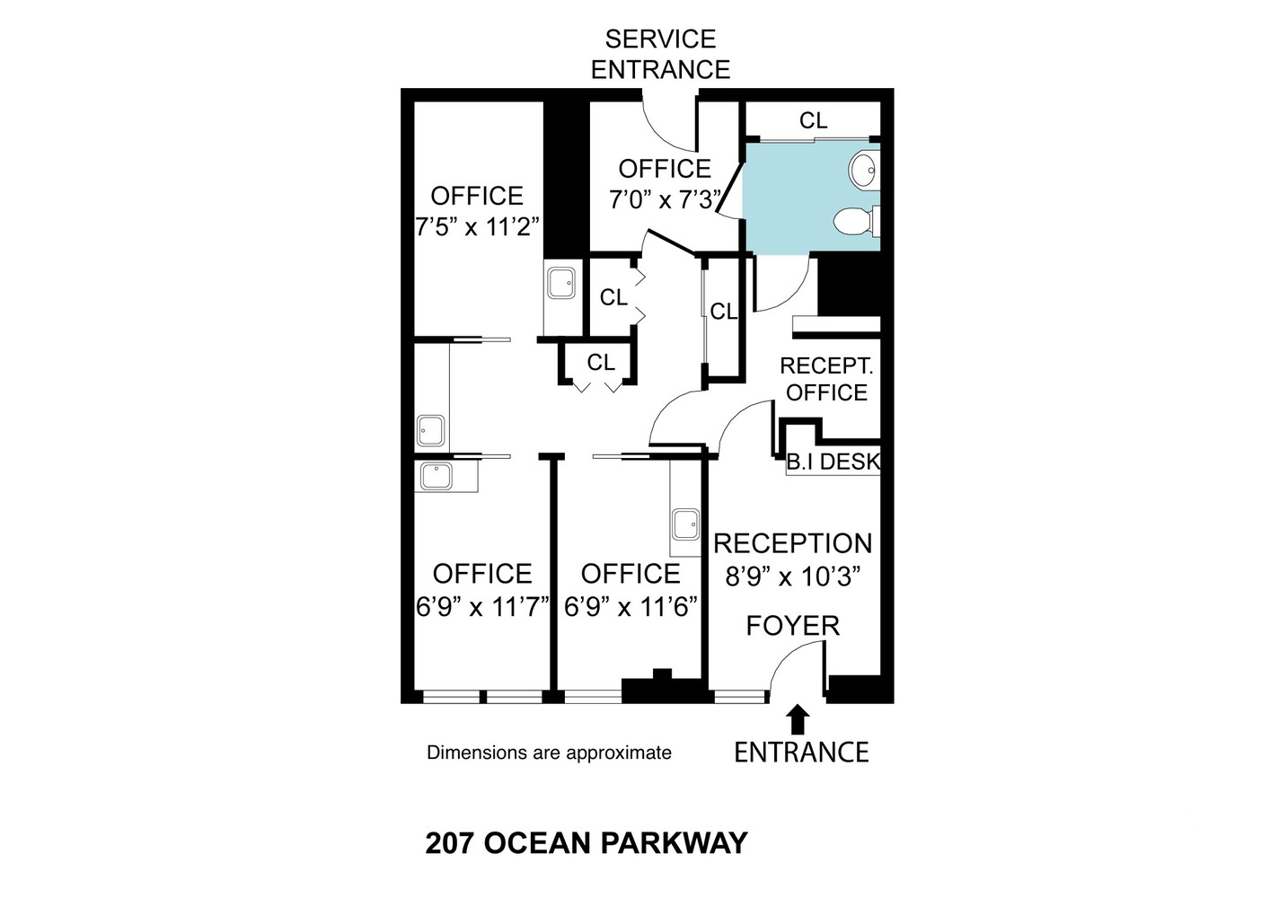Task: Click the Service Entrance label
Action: [660, 54]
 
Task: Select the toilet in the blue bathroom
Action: [856, 221]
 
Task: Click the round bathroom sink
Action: [863, 168]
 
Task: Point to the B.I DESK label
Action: [833, 462]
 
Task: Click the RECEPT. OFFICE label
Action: [826, 379]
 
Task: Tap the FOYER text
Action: [792, 626]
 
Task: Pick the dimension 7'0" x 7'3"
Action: [666, 199]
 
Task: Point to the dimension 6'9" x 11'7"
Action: [482, 606]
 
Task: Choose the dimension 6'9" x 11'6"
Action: [631, 606]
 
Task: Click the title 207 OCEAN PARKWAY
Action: [586, 844]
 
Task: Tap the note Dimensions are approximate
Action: [549, 753]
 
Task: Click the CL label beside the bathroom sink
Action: [814, 120]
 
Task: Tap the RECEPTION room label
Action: [792, 544]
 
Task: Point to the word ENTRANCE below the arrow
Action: [801, 752]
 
